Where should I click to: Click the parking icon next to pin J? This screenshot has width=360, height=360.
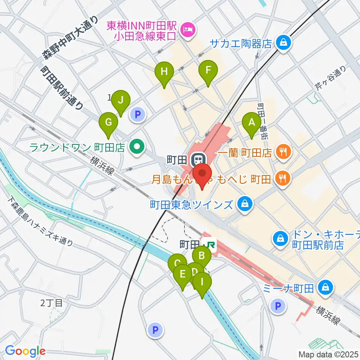tap(138, 114)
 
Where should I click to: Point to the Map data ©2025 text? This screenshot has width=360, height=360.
tap(328, 354)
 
